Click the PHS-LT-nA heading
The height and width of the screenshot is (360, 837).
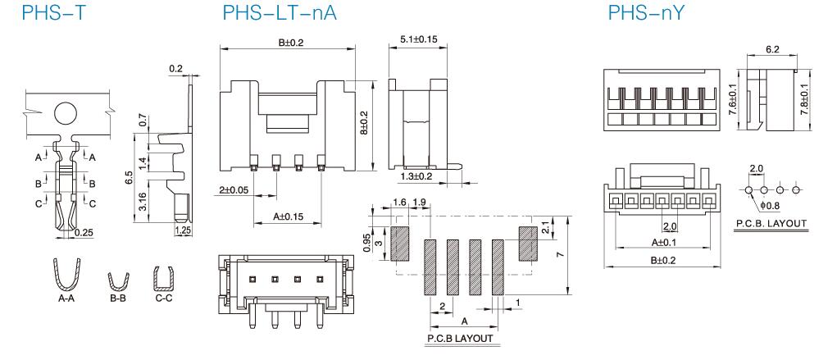tap(279, 14)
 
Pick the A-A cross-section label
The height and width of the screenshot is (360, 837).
tap(69, 300)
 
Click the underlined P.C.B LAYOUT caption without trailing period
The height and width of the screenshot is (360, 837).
tap(460, 338)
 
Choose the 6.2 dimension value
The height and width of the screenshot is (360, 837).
tap(772, 50)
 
